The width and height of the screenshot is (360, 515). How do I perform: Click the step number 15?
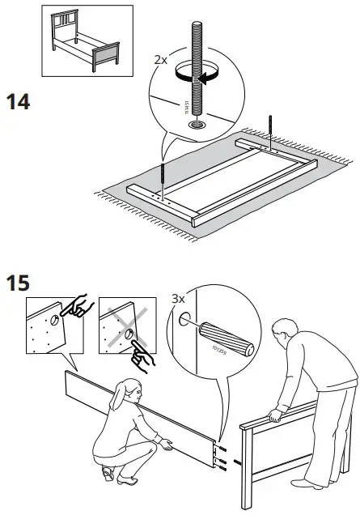tap(19, 285)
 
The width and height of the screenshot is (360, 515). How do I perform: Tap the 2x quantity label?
tap(161, 60)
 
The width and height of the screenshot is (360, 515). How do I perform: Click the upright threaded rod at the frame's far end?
tap(270, 129)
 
